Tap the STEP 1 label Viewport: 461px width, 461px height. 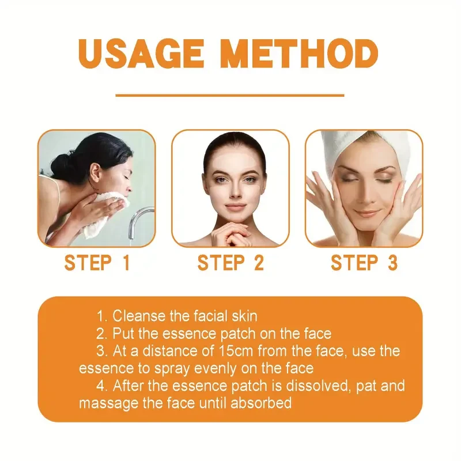97,263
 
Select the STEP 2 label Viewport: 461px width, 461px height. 231,263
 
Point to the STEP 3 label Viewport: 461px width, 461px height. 364,263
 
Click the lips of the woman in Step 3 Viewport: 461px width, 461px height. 364,213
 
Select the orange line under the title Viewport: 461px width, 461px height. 230,95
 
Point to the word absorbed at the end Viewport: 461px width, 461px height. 263,402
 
